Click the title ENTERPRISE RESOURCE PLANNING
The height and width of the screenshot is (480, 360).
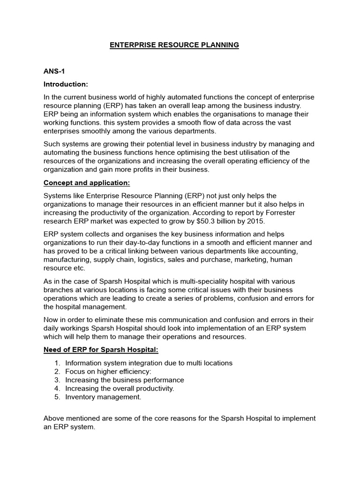(174, 45)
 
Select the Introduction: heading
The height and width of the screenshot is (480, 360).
(66, 84)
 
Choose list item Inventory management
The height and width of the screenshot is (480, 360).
(103, 397)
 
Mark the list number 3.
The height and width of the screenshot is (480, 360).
(57, 380)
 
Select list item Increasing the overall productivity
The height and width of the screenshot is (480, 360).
(120, 388)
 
